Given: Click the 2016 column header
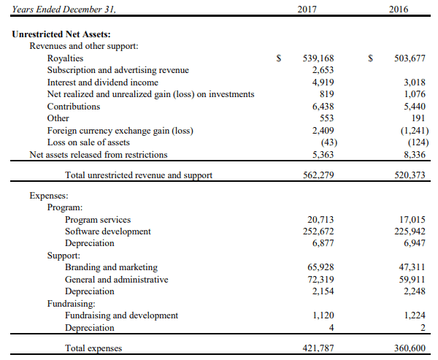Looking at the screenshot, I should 399,10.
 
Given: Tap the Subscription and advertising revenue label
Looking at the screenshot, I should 118,70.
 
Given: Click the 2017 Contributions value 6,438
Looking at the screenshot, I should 322,106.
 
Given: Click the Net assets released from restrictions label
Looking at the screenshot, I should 98,154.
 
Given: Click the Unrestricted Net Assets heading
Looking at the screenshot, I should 61,34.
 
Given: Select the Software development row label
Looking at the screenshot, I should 108,231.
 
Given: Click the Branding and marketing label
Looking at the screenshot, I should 111,267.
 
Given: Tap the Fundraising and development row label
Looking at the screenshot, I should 121,315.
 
